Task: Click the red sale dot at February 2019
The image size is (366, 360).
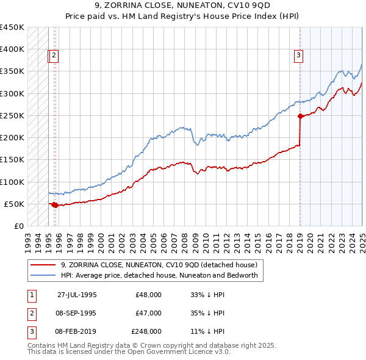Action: click(300, 116)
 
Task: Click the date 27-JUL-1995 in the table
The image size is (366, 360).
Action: click(77, 295)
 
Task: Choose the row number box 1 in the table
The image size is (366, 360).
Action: click(30, 295)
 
